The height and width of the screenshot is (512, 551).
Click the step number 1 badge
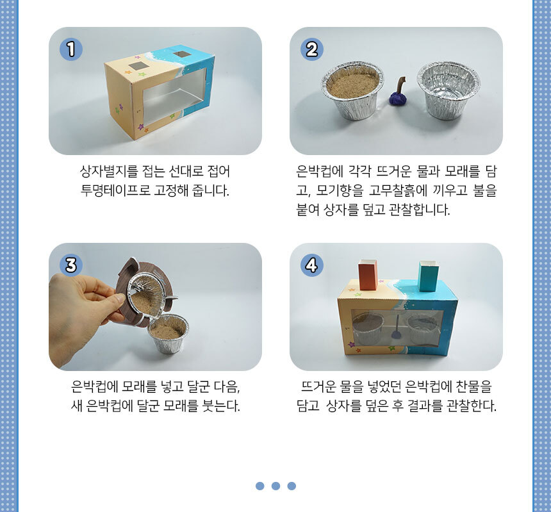[x=71, y=49]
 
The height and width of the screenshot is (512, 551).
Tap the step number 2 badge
[x=311, y=49]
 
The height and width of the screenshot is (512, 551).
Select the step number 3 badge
[x=71, y=265]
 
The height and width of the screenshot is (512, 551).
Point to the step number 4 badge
[x=311, y=265]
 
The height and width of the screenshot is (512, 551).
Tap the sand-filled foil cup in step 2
[x=352, y=90]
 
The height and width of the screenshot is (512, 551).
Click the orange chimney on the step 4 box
[x=368, y=275]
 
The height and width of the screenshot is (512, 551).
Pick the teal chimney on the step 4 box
[x=429, y=276]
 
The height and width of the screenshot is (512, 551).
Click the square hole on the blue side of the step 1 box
[x=182, y=54]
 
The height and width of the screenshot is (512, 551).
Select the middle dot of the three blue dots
[x=276, y=486]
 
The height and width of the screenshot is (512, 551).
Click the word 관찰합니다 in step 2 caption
[x=419, y=210]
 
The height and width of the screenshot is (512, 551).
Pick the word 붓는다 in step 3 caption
[x=221, y=406]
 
